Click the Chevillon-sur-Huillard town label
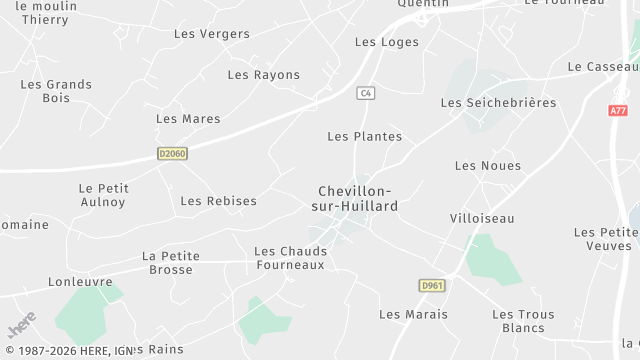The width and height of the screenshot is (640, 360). [x=357, y=198]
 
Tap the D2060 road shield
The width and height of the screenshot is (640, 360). [x=172, y=153]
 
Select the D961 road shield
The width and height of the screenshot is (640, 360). [x=432, y=286]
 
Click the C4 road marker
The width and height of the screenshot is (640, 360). [x=365, y=93]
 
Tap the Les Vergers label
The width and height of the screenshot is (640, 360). [x=212, y=34]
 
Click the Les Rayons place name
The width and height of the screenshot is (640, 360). [x=263, y=75]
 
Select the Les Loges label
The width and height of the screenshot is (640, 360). [x=387, y=42]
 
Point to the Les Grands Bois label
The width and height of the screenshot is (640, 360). [x=56, y=91]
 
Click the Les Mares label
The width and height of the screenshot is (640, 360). [x=188, y=119]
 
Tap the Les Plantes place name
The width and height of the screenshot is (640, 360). [x=364, y=136]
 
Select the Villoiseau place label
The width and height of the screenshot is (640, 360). [x=481, y=217]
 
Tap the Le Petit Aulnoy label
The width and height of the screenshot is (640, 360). [x=102, y=195]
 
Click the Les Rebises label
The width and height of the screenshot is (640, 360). [x=218, y=201]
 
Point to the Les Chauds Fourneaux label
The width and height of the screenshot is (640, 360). [x=289, y=258]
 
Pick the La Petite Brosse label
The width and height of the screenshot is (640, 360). [x=170, y=263]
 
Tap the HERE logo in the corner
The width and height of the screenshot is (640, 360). [x=21, y=326]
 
